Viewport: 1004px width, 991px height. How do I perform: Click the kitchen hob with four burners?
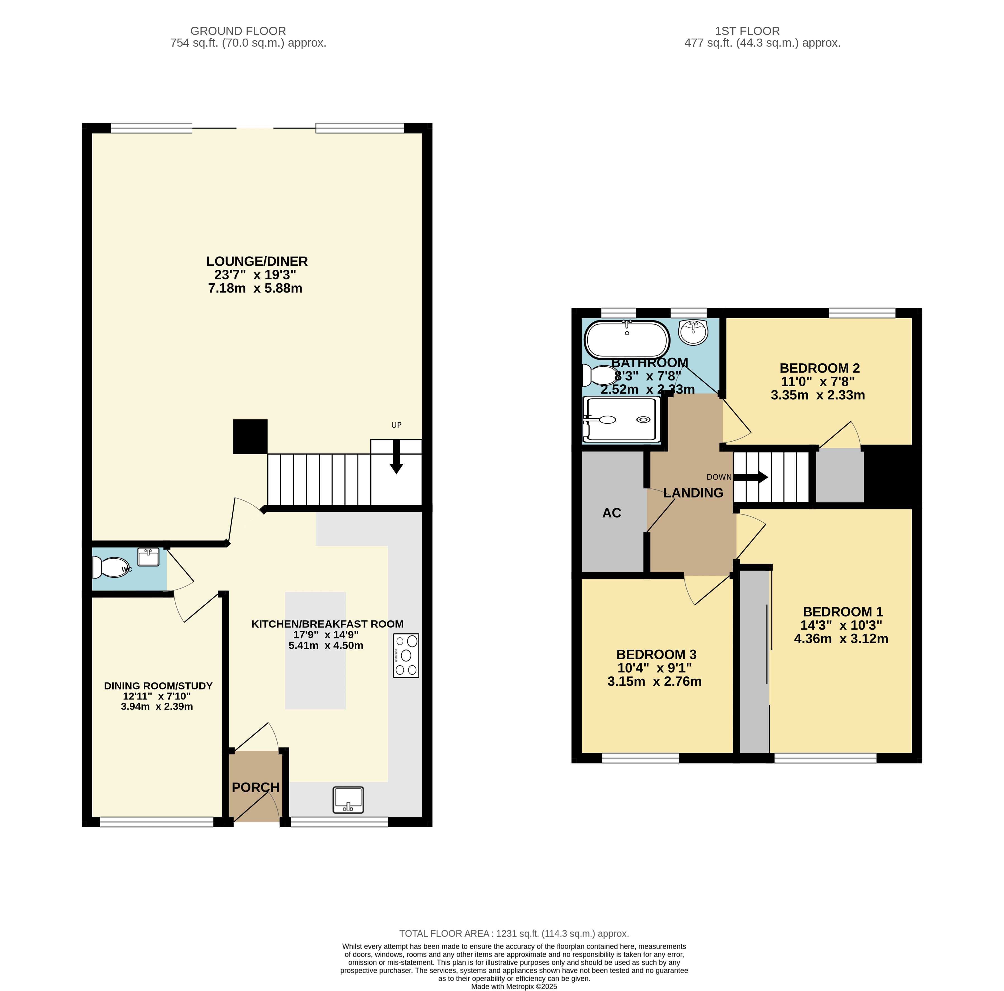(406, 655)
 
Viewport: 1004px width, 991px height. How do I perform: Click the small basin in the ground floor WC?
(148, 557)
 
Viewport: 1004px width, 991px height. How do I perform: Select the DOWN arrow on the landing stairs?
(751, 477)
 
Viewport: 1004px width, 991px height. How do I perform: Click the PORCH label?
(256, 787)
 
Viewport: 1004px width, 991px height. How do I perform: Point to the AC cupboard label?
(612, 513)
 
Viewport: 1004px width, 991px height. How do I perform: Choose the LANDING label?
(693, 493)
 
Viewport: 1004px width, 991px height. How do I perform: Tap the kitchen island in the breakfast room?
(316, 651)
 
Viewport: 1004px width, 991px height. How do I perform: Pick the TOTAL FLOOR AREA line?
(514, 934)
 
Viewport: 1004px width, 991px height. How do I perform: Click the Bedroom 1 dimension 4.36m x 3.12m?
(841, 639)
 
